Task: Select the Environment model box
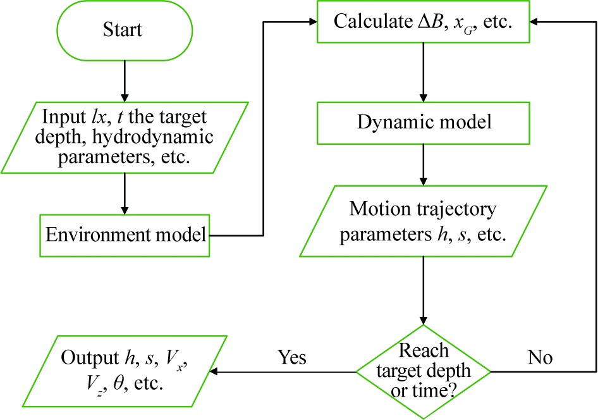125,235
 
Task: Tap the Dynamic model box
423,122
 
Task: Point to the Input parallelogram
125,137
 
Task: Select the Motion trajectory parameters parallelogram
423,221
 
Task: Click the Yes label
292,358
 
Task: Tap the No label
540,358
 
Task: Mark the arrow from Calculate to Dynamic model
423,70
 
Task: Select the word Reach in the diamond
423,349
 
